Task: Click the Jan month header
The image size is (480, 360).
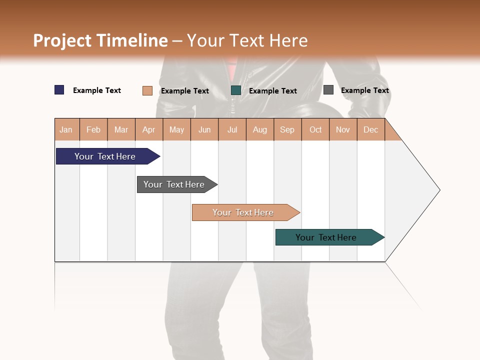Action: click(x=66, y=129)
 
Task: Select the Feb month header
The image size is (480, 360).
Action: click(x=93, y=129)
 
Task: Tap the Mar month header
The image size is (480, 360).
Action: click(x=121, y=129)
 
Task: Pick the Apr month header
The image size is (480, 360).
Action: click(x=149, y=129)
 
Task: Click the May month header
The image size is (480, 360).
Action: click(x=176, y=129)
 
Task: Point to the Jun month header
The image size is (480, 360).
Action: click(x=204, y=129)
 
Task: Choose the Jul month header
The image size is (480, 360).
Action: click(x=232, y=129)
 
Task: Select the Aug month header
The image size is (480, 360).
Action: click(x=260, y=129)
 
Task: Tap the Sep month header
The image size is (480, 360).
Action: click(x=287, y=129)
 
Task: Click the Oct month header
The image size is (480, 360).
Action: click(x=315, y=129)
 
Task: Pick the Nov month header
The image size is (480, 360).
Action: click(x=343, y=129)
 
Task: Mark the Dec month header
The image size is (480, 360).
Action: click(x=371, y=129)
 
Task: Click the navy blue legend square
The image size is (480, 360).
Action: click(x=59, y=90)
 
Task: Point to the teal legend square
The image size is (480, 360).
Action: click(x=236, y=90)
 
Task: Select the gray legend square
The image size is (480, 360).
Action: click(x=328, y=90)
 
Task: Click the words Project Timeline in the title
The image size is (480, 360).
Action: click(x=100, y=40)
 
